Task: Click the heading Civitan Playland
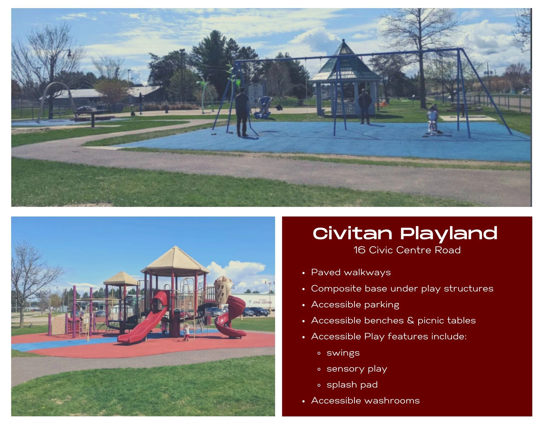[x=405, y=233]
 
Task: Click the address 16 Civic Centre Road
[x=407, y=250]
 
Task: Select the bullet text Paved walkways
[x=351, y=272]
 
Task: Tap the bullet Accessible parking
[x=355, y=304]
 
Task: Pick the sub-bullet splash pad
[x=352, y=385]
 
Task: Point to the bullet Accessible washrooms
[x=365, y=401]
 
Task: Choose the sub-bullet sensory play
[x=357, y=369]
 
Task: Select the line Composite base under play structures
[x=402, y=288]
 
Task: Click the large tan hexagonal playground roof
[x=175, y=260]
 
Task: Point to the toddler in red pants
[x=186, y=332]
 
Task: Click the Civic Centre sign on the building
[x=261, y=302]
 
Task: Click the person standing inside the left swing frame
[x=242, y=111]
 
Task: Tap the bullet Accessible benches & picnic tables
[x=393, y=320]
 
